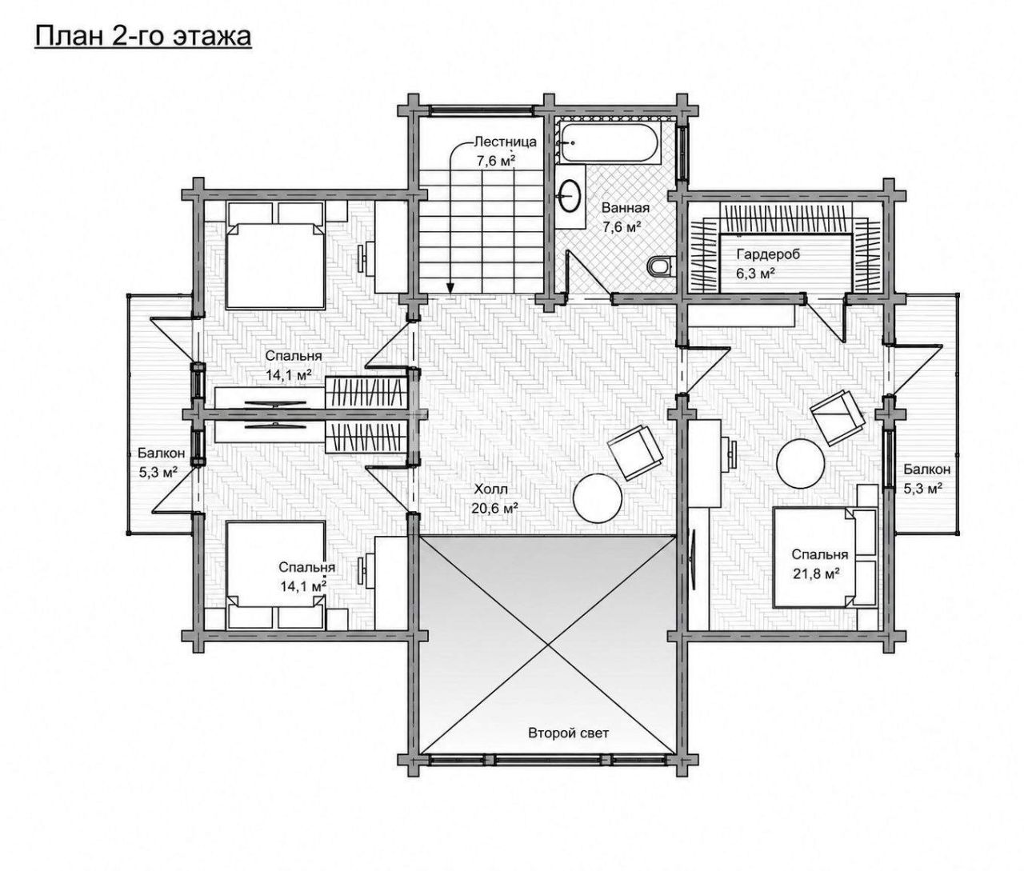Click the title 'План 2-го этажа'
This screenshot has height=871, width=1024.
click(143, 37)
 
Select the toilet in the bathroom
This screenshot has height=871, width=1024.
click(659, 266)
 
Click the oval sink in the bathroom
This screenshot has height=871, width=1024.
click(570, 196)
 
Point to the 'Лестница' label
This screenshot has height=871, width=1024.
click(505, 142)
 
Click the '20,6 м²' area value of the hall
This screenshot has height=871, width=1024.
click(494, 507)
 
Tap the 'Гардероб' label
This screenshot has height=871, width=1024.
click(768, 254)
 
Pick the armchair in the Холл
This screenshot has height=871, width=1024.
click(634, 452)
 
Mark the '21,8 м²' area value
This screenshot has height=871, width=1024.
click(815, 573)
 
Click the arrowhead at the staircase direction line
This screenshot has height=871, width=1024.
click(450, 287)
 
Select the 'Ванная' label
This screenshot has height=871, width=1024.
click(625, 208)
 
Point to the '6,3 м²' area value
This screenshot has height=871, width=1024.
click(756, 274)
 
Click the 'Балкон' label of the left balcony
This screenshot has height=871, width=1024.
click(161, 452)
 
